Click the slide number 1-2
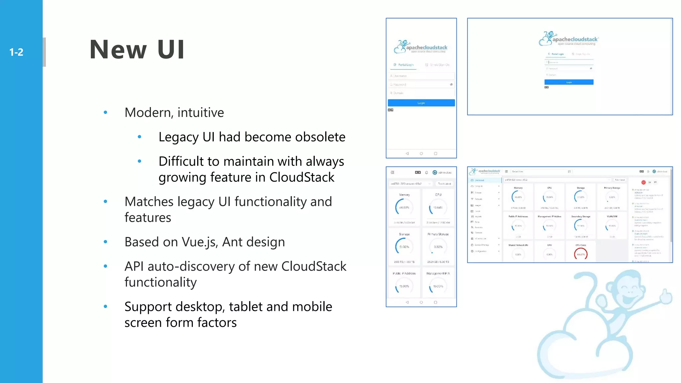pos(16,52)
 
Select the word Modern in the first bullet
pos(149,113)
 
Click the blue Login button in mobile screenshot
pos(421,103)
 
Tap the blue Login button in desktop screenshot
pos(569,82)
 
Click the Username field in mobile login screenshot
pos(421,76)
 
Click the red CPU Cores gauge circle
pos(581,254)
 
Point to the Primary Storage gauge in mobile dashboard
pos(438,247)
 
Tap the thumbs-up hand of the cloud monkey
pos(666,296)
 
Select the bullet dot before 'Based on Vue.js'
pos(105,242)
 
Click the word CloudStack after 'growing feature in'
pos(302,177)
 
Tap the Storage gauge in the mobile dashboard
pos(404,247)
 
